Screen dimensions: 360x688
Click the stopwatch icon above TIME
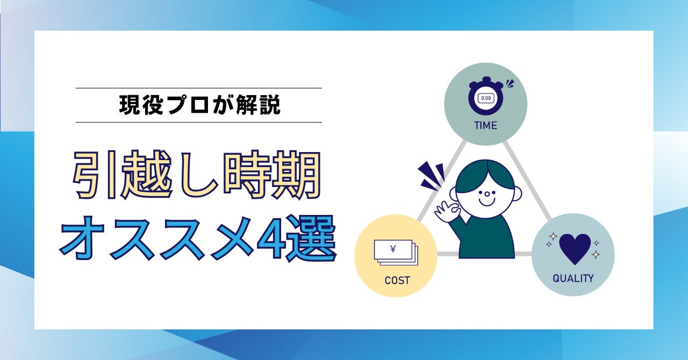pyautogui.click(x=486, y=98)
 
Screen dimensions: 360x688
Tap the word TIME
pyautogui.click(x=485, y=126)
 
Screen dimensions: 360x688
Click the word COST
pyautogui.click(x=397, y=280)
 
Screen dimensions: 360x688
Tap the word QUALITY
pyautogui.click(x=573, y=278)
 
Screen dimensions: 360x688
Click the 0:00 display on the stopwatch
pyautogui.click(x=486, y=98)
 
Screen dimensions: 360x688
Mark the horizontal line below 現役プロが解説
pyautogui.click(x=198, y=122)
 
